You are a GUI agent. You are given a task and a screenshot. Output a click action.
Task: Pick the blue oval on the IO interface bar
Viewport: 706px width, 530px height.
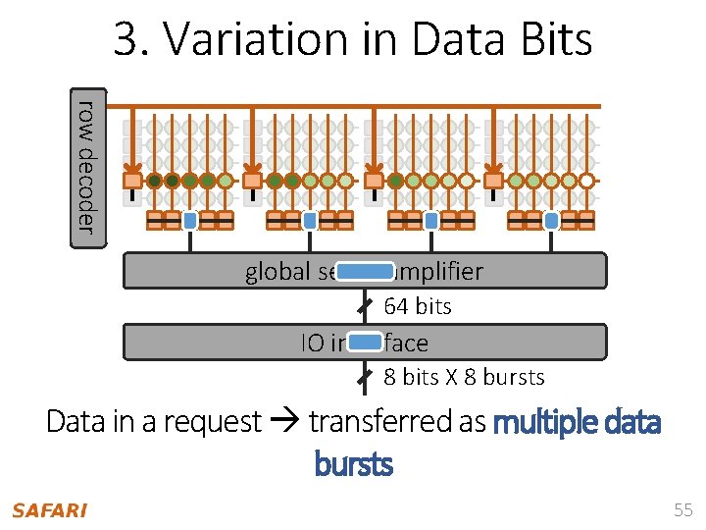pyautogui.click(x=365, y=342)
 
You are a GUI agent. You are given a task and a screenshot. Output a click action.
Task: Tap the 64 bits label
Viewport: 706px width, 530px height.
pyautogui.click(x=418, y=306)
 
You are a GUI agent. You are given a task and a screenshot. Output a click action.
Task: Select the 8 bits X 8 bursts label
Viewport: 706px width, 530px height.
pyautogui.click(x=464, y=377)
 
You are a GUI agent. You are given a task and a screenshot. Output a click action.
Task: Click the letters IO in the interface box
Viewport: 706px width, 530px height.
pyautogui.click(x=313, y=343)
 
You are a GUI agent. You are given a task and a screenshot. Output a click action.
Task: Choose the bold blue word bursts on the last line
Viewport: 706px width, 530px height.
pyautogui.click(x=353, y=462)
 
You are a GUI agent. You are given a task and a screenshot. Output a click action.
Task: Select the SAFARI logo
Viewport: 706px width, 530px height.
pyautogui.click(x=49, y=510)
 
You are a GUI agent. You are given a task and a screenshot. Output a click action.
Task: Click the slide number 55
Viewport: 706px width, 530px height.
pyautogui.click(x=682, y=510)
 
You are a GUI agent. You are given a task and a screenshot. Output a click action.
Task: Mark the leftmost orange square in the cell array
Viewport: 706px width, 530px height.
pyautogui.click(x=132, y=181)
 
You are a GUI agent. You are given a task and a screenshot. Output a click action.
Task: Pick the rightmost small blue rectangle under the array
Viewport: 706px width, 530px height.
pyautogui.click(x=551, y=220)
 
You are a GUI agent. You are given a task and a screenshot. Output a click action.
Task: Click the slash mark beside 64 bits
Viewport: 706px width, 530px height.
pyautogui.click(x=363, y=306)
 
